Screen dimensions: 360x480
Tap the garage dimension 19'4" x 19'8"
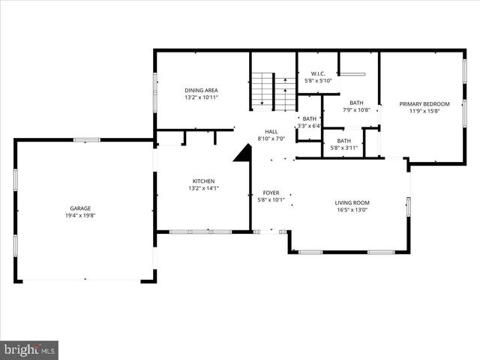84,215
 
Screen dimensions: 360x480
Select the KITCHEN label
203,181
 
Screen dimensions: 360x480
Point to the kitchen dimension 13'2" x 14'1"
203,188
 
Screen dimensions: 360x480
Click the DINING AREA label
201,90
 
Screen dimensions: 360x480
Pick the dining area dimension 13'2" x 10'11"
201,97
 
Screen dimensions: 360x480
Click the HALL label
271,131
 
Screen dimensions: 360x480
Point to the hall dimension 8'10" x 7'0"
271,139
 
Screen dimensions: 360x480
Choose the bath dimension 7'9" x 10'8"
356,110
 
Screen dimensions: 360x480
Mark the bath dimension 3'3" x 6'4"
309,126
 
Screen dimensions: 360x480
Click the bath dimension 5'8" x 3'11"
343,148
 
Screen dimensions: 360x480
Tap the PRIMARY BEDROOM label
424,103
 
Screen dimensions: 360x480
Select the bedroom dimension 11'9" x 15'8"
424,111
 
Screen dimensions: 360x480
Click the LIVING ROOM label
352,202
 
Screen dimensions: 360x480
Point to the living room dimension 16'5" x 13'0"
352,211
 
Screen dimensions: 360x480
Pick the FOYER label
271,193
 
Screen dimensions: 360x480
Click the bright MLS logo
29,349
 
